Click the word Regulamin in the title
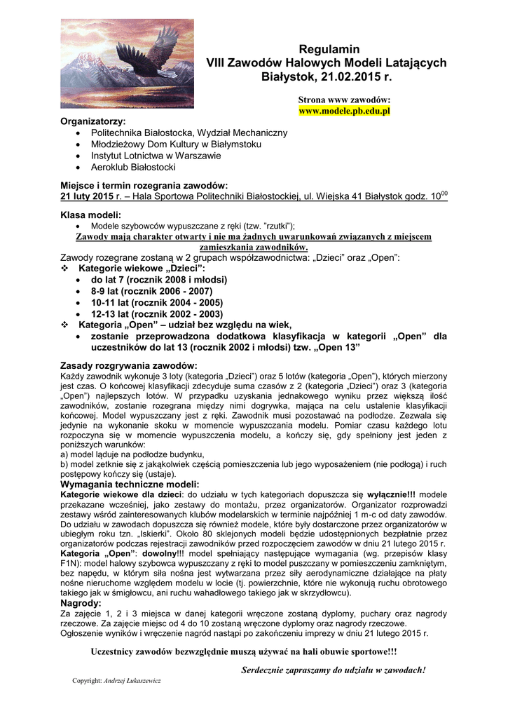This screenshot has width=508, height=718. coord(329,49)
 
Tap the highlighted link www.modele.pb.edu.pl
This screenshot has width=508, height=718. coord(344,111)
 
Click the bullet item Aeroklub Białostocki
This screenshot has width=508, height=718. coord(133,167)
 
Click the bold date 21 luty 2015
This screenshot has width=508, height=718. coord(87,196)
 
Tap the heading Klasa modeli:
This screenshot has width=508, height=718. coord(90,215)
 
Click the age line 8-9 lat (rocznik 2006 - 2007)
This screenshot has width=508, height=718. coord(151,290)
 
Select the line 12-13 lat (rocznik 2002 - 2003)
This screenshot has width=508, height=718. coord(157,313)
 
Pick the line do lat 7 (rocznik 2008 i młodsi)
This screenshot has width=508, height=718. coord(159,279)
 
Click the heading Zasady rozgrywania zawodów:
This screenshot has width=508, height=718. coord(129,365)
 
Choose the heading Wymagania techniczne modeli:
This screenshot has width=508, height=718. coord(130,485)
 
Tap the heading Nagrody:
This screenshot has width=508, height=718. coord(81,602)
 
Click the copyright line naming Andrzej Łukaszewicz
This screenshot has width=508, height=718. coord(117,680)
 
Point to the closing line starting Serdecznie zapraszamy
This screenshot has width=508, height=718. coord(334,670)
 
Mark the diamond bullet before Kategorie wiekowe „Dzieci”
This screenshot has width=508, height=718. coord(65,269)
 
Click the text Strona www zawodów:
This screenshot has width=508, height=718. coord(344,100)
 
